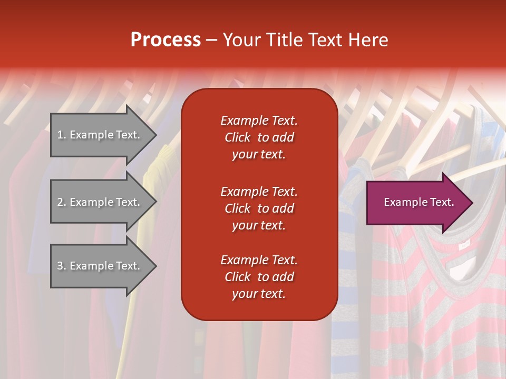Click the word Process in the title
[166, 40]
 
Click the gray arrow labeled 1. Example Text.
[100, 135]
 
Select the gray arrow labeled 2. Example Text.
[100, 202]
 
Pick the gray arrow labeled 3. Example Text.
[100, 266]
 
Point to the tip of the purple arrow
[471, 203]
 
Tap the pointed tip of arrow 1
[155, 135]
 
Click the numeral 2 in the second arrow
[60, 202]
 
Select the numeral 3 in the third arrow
[60, 266]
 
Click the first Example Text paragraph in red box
[259, 137]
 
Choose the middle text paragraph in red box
[259, 208]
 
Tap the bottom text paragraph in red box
[259, 277]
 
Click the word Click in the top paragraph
[238, 137]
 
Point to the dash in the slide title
[211, 41]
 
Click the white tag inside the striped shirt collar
[464, 245]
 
